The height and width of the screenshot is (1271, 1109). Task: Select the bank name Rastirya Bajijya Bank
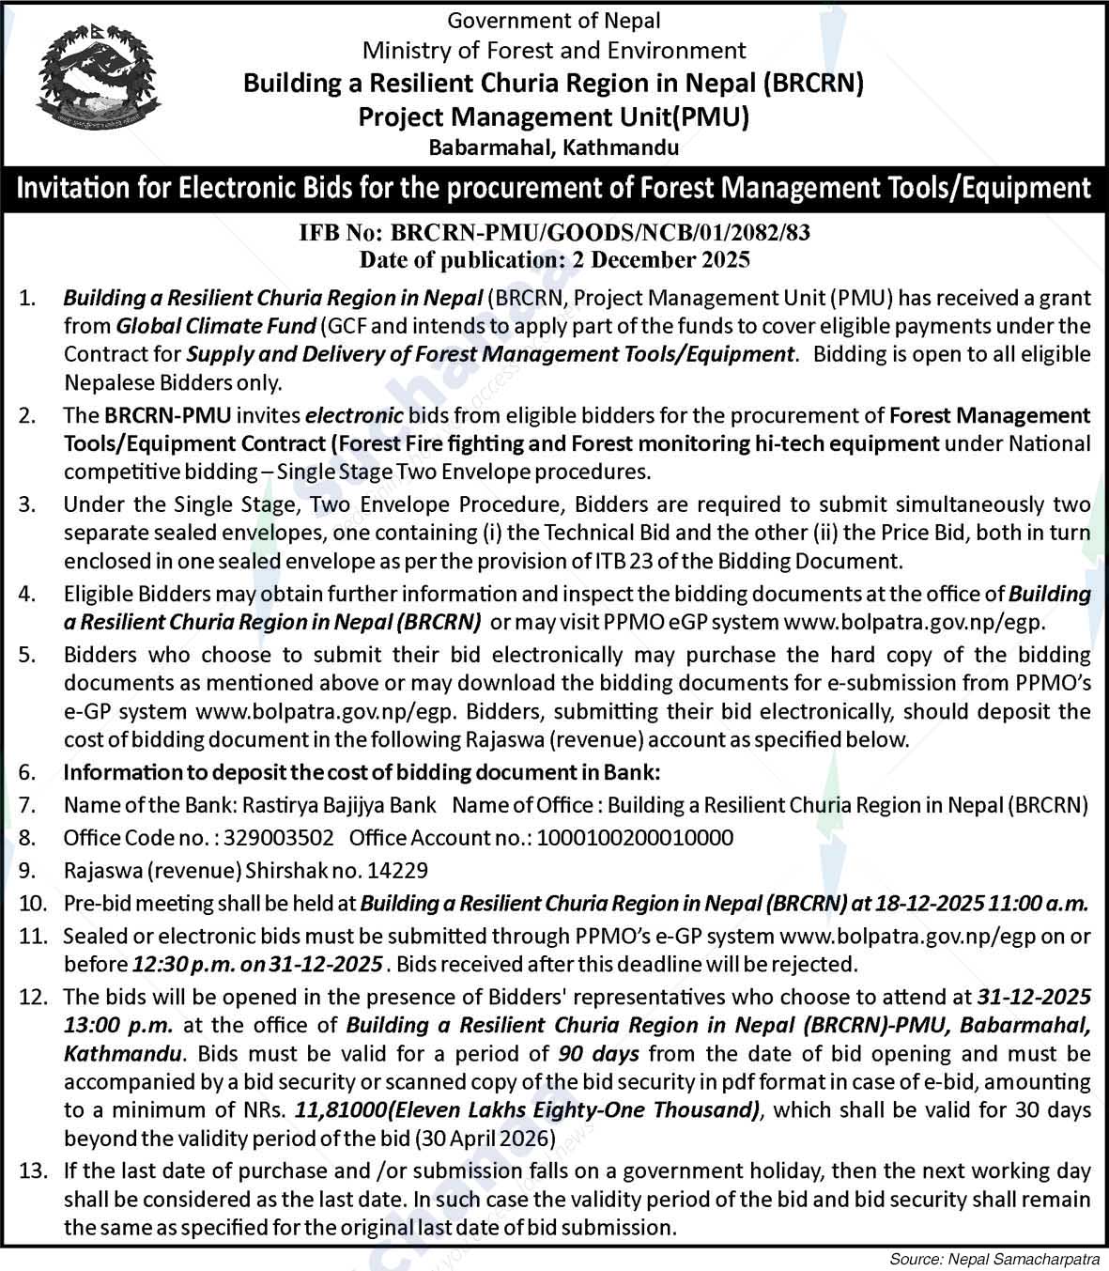point(340,805)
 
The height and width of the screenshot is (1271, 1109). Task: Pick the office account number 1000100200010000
point(635,837)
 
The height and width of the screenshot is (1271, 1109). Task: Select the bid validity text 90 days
point(598,1053)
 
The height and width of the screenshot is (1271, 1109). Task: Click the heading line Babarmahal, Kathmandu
point(554,147)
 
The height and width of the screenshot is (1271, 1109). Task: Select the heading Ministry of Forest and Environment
point(554,50)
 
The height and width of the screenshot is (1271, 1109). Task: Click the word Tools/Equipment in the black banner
point(1005,189)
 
